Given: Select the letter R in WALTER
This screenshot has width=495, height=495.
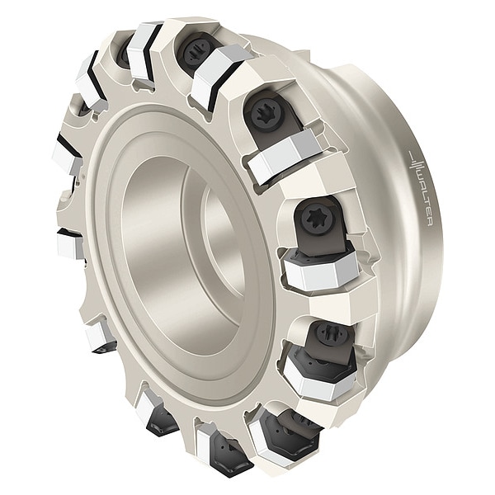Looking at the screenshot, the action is (429, 222).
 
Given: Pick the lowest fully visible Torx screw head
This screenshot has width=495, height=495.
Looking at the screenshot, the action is (328, 333).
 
